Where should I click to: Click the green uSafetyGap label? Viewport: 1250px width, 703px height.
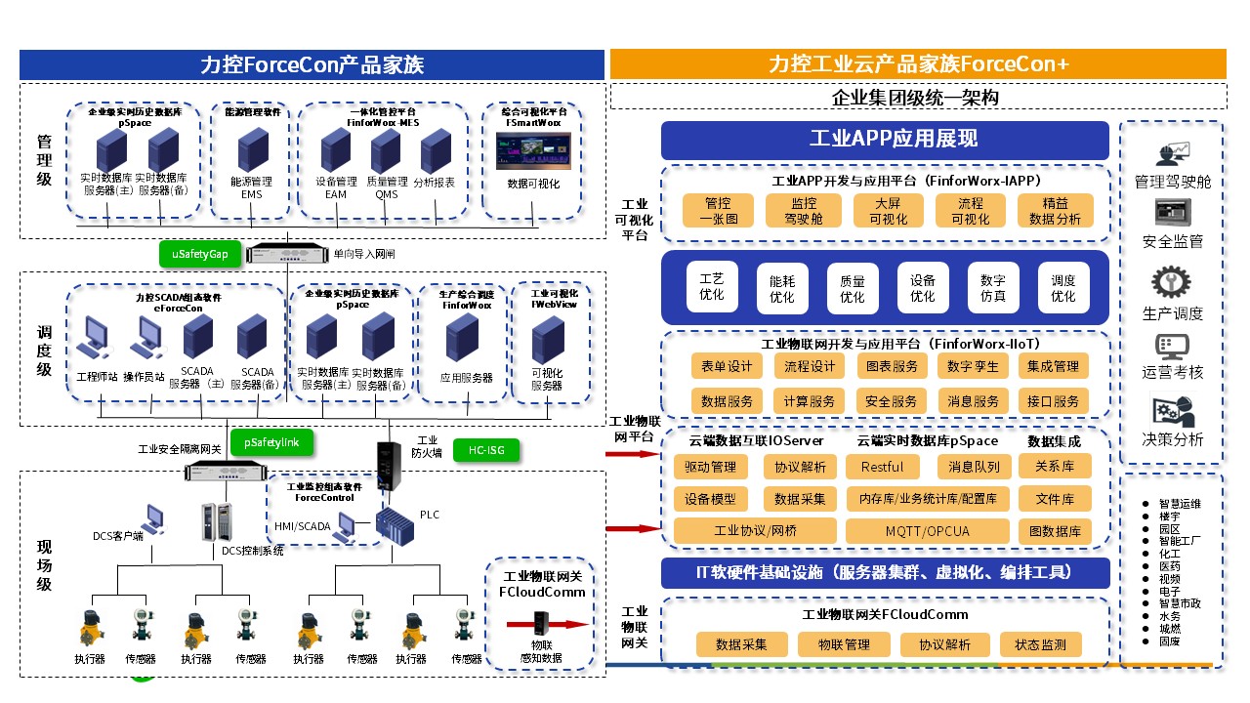pyautogui.click(x=200, y=254)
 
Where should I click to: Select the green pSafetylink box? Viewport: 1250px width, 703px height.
pyautogui.click(x=271, y=442)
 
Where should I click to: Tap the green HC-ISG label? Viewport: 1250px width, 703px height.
pyautogui.click(x=486, y=451)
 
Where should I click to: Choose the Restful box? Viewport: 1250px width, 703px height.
pyautogui.click(x=882, y=467)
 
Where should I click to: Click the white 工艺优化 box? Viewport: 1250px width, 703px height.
pyautogui.click(x=712, y=287)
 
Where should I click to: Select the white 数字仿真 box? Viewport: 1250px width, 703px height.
pyautogui.click(x=993, y=287)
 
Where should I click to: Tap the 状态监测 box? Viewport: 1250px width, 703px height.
pyautogui.click(x=1040, y=644)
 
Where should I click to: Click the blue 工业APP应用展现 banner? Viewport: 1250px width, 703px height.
pyautogui.click(x=885, y=140)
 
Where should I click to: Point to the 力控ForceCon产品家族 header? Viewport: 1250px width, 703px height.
pyautogui.click(x=312, y=64)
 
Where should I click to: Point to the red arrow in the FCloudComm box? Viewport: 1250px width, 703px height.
pyautogui.click(x=547, y=624)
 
